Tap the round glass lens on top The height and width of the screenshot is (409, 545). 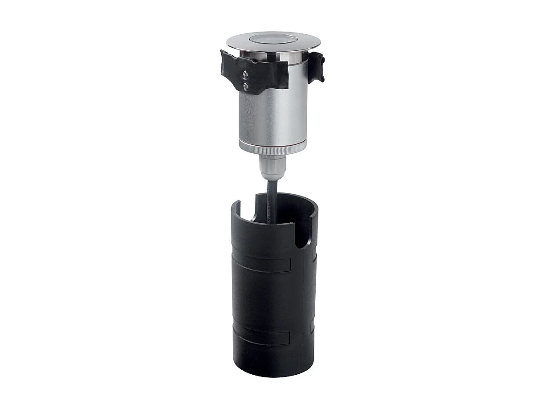coord(272,39)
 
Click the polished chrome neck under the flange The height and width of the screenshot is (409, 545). coord(272,56)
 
